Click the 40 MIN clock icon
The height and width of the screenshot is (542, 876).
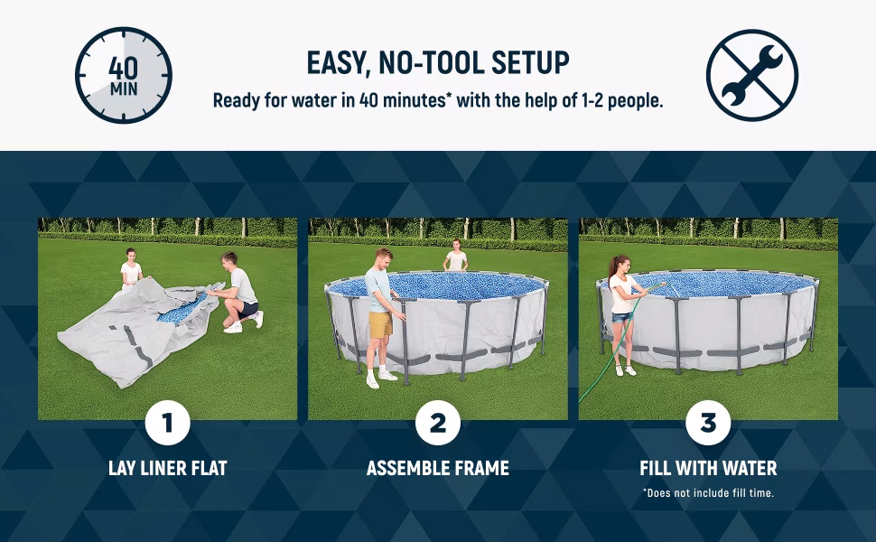123,75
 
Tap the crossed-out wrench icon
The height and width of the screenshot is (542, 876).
751,75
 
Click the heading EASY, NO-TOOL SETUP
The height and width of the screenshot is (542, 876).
438,62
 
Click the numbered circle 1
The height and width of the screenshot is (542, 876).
167,422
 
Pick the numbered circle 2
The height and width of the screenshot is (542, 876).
438,422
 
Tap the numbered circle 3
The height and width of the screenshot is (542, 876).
708,422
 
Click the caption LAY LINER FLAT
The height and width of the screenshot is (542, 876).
167,468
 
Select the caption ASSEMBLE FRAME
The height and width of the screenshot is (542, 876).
438,468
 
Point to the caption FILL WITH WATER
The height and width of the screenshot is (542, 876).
708,468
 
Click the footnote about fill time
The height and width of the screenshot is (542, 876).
708,492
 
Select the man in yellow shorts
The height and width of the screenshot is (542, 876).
379,312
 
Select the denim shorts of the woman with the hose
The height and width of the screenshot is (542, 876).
621,316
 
